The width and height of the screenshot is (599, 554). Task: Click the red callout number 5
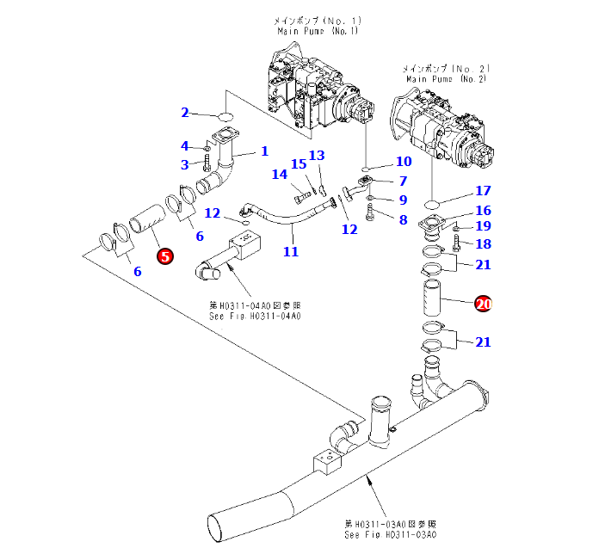click(164, 255)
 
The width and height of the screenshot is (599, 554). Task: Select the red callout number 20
click(483, 303)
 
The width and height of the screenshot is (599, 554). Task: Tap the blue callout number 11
click(291, 251)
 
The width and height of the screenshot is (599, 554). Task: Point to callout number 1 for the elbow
click(264, 151)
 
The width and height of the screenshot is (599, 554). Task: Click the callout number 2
click(184, 112)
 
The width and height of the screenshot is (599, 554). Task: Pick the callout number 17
click(483, 191)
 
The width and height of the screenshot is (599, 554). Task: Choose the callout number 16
click(483, 210)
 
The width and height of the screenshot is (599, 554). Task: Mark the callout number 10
click(404, 162)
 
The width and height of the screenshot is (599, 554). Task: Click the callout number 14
click(279, 175)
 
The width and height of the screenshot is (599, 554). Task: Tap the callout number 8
click(402, 219)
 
